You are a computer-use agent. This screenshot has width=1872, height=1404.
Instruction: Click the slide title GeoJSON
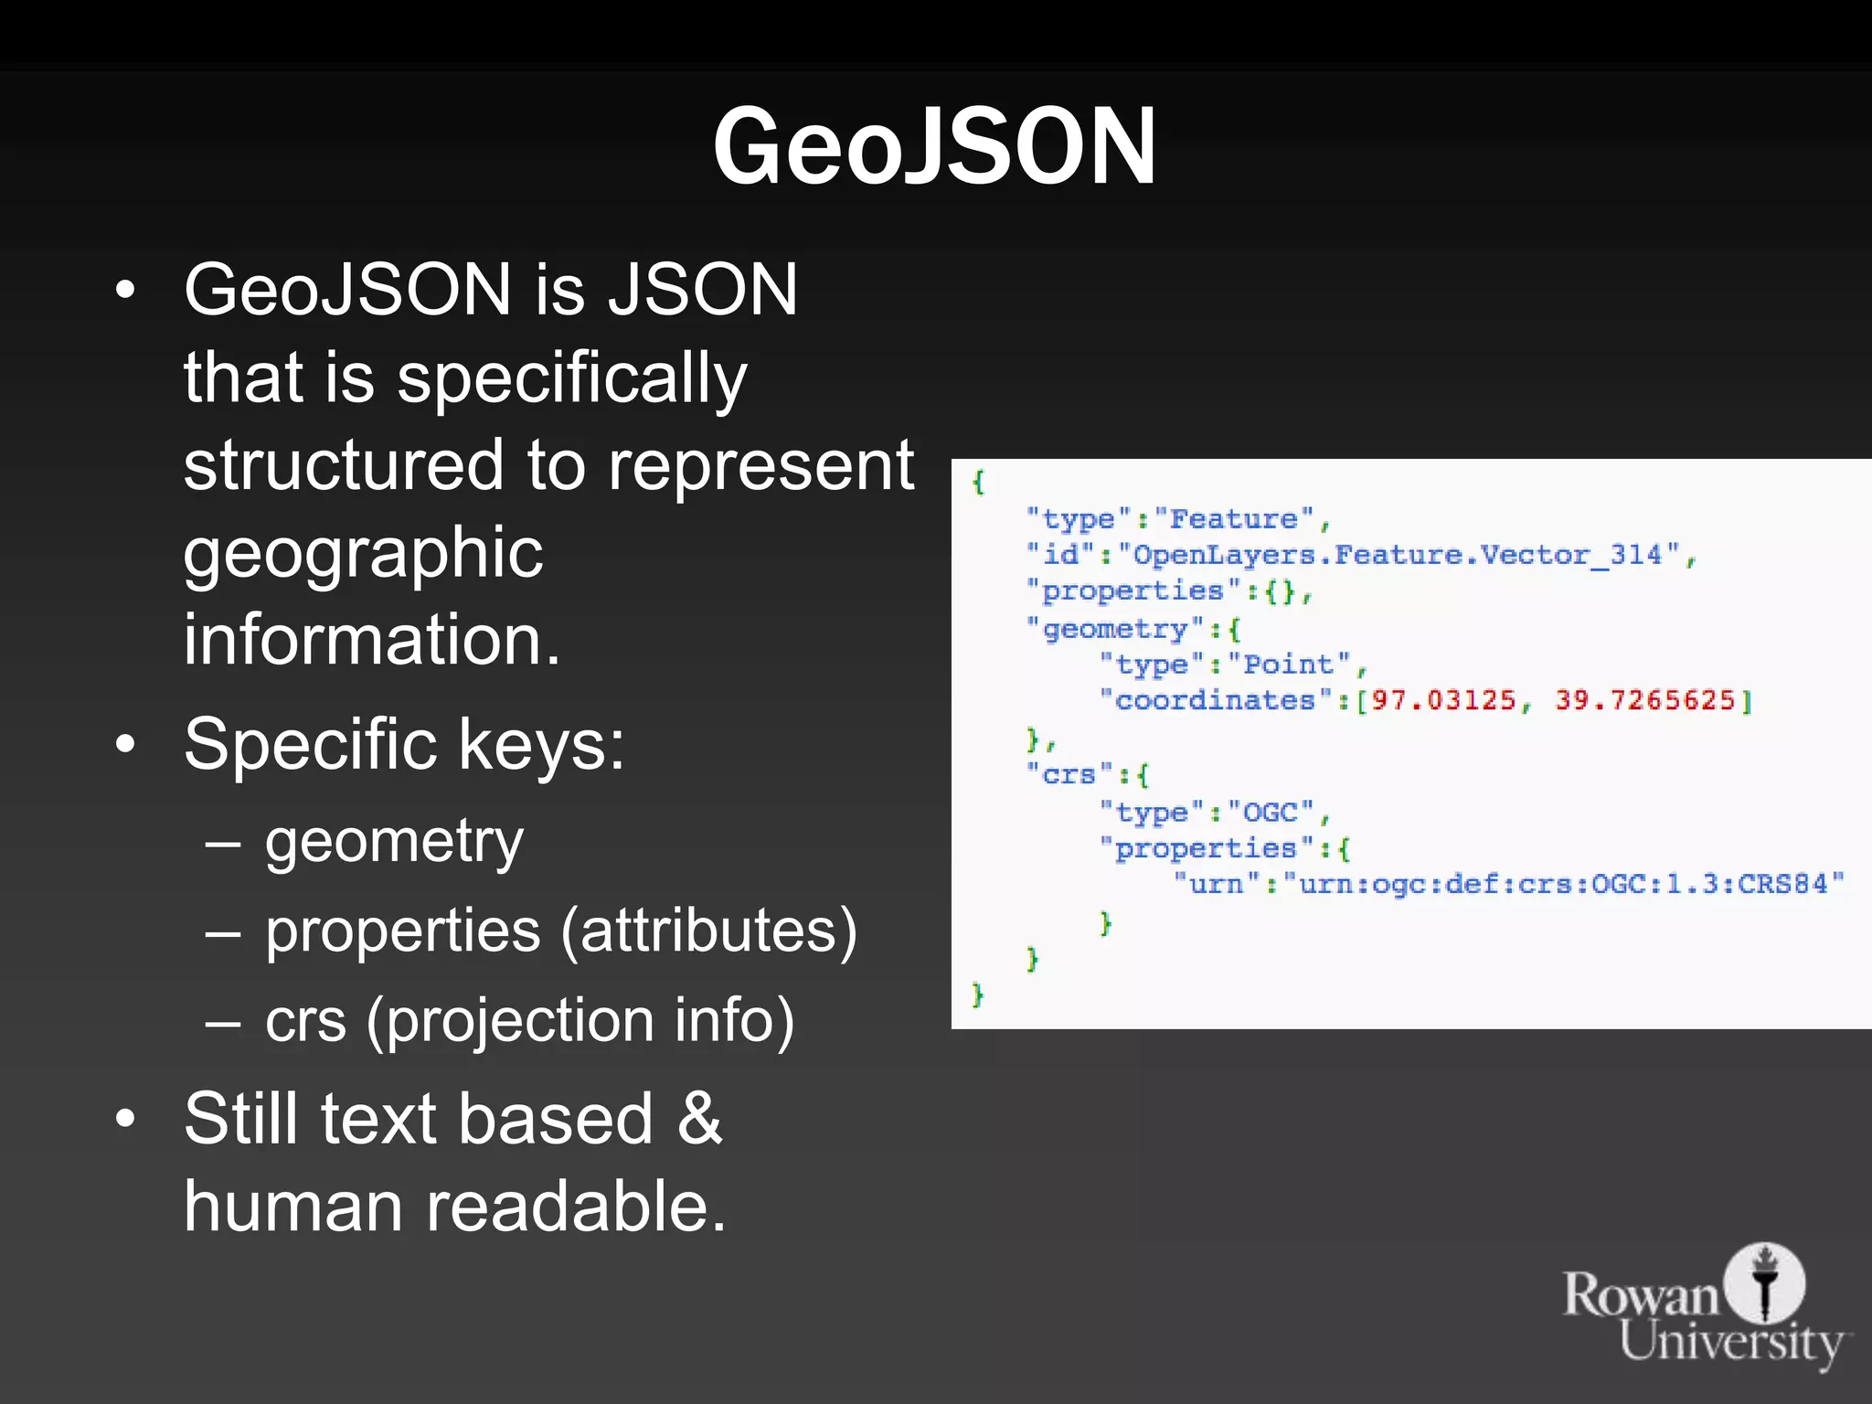coord(934,146)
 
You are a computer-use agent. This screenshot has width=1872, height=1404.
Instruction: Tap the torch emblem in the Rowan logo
coord(1765,1282)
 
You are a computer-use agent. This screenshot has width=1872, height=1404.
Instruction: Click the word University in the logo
coord(1731,1343)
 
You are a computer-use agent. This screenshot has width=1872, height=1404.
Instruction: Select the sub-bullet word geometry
coord(394,842)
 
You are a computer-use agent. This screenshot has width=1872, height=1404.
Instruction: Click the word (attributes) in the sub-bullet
coord(708,931)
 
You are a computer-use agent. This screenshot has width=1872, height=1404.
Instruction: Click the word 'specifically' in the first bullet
coord(572,378)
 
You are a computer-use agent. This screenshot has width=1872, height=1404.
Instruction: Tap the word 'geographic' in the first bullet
coord(363,553)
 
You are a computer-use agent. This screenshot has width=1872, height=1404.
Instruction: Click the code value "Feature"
coord(1234,519)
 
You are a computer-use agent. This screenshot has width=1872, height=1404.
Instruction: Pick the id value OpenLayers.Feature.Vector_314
coord(1399,555)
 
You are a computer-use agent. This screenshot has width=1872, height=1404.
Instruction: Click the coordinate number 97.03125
coord(1443,701)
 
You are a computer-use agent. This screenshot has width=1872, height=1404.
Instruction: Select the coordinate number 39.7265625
coord(1644,701)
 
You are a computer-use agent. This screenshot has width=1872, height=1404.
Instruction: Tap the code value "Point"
coord(1289,665)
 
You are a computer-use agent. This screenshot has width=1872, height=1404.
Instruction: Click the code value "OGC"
coord(1271,812)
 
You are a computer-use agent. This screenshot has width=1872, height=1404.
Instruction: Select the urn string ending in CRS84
coord(1563,884)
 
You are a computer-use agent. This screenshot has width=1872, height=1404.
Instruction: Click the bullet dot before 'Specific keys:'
coord(125,745)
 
